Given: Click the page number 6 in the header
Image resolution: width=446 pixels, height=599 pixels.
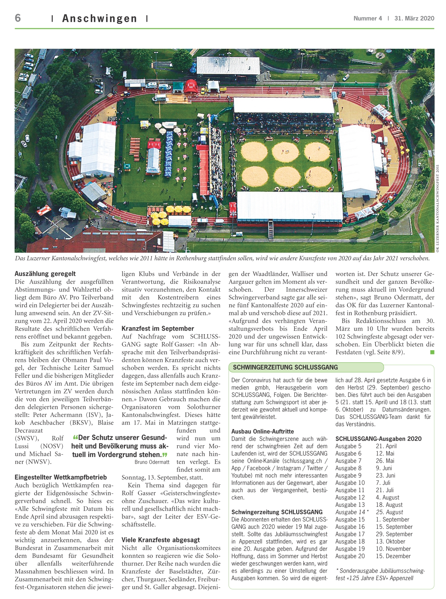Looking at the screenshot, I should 18,18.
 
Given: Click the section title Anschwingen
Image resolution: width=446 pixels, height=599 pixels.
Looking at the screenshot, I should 99,19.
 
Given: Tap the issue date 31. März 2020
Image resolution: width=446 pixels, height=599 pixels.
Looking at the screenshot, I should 414,19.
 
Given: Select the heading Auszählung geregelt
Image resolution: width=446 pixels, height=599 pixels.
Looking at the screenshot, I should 45,274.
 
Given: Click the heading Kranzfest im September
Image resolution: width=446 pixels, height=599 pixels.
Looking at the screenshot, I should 158,329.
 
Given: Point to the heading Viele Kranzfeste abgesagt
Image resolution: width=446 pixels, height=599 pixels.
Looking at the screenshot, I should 161,540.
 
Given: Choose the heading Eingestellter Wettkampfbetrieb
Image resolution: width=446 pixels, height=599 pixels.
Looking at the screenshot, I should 61,477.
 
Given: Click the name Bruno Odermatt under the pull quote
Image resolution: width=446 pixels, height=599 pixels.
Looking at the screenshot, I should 152,462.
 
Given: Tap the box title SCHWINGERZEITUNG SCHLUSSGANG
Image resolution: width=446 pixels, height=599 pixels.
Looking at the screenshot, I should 285,367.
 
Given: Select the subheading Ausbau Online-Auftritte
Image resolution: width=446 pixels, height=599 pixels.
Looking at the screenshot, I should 263,431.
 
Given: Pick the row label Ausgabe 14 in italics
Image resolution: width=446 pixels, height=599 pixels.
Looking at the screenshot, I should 350,512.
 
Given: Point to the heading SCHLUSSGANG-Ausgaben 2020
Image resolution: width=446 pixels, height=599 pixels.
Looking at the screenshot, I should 378,439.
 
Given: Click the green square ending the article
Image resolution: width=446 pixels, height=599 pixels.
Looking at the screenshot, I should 432,352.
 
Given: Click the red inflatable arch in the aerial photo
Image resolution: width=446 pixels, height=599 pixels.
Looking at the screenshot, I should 191,85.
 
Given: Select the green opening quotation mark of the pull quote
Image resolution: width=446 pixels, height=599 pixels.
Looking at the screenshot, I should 75,437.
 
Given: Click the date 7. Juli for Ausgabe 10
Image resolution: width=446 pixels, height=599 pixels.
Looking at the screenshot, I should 383,483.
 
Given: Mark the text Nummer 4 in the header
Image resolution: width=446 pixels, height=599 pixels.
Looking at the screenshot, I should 367,19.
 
